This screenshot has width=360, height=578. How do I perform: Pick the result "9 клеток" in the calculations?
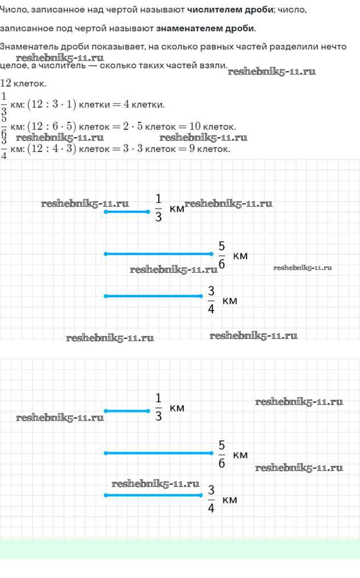pos(209,149)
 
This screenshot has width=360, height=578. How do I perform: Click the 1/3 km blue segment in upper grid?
pos(126,212)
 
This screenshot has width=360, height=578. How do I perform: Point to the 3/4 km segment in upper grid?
pos(153,296)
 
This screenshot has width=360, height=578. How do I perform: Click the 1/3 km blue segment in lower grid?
pos(126,411)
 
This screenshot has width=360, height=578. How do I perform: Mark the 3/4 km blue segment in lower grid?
pos(153,495)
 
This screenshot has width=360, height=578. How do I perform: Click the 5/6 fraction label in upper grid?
pos(222,254)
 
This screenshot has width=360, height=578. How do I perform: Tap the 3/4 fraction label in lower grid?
pos(211,498)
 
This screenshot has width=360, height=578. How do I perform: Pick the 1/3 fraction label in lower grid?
pos(158,408)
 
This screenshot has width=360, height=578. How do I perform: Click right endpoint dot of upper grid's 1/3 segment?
pos(148,212)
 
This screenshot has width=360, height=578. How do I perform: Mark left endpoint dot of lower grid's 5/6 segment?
pos(105,453)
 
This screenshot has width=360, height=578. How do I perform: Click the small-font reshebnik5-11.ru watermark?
pos(302,268)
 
